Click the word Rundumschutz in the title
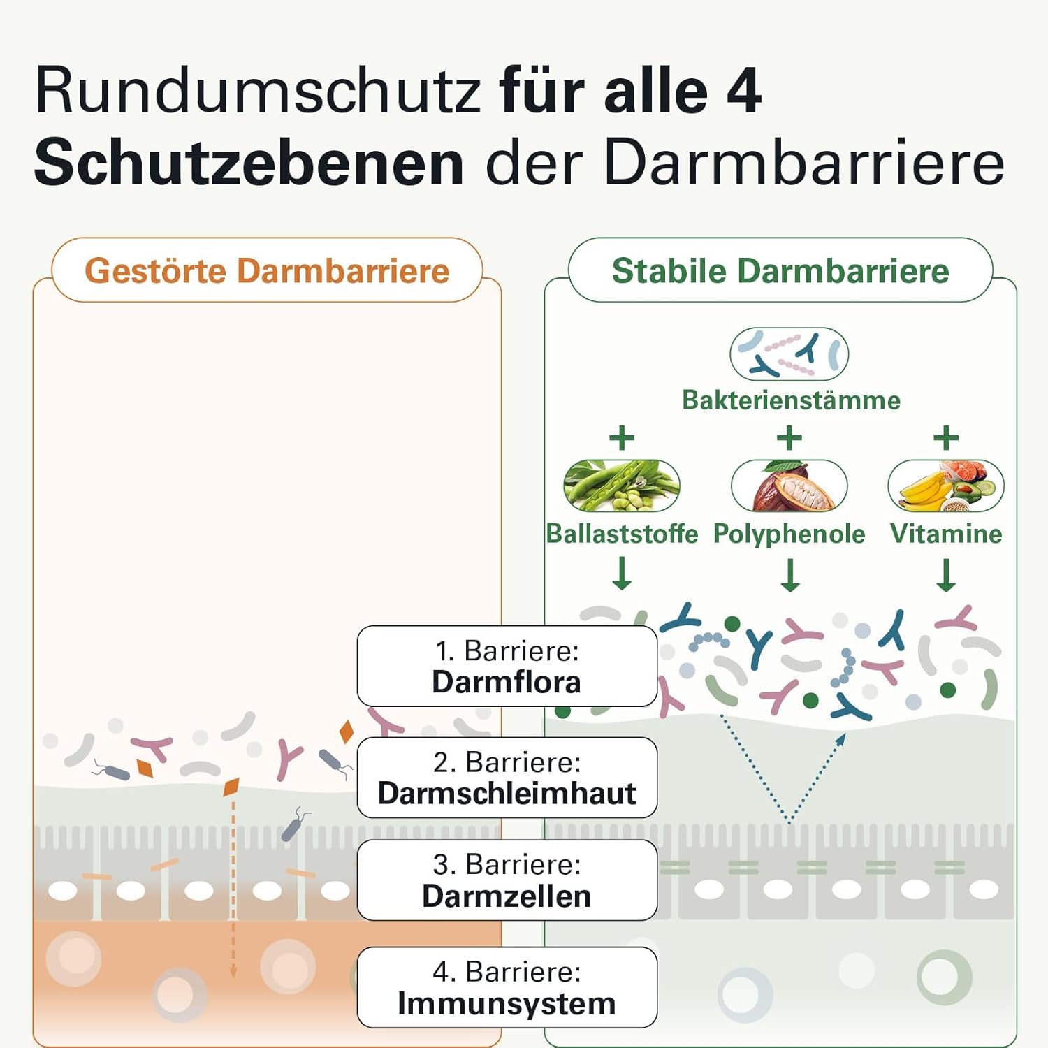259,91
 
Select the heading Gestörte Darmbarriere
267,270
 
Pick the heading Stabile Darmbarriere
780,270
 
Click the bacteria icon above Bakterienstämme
789,354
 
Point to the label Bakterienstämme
791,400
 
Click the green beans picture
621,486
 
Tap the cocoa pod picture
789,486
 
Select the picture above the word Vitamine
945,486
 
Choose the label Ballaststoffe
622,534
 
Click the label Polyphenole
789,534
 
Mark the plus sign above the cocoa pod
789,438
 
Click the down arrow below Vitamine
946,575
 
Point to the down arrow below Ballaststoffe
622,574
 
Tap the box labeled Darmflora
507,666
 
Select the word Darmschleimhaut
507,794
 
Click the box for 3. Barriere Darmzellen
507,880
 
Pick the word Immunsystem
507,1004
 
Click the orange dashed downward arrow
233,887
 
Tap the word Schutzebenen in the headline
249,163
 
